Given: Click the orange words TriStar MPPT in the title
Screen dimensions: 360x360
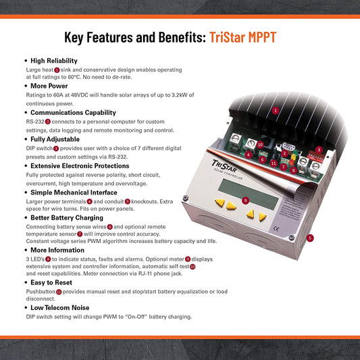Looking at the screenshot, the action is click(242, 37).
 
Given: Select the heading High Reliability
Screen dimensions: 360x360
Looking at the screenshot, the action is click(54, 61).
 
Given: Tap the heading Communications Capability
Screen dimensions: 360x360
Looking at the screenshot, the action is click(73, 113).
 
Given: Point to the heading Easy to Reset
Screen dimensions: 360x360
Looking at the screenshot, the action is click(51, 282).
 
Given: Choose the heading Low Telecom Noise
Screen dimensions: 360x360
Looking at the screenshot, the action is click(60, 307).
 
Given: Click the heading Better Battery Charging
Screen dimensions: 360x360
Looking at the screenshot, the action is click(67, 217).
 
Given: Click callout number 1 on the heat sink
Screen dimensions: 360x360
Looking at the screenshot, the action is click(276, 111).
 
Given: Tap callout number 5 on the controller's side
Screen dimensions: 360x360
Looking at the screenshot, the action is click(310, 238).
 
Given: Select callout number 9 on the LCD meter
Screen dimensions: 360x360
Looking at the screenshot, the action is click(245, 201).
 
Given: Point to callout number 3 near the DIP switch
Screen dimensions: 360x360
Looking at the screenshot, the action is click(319, 150).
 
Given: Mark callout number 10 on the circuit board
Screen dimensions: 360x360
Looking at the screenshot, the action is click(260, 145).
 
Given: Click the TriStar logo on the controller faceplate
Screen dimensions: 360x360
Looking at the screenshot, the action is click(224, 167).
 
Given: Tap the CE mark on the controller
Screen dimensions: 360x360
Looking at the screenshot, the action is click(276, 229).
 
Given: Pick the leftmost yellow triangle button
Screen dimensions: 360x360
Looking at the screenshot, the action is click(220, 203).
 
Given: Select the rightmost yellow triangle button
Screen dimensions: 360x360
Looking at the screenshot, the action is click(262, 217).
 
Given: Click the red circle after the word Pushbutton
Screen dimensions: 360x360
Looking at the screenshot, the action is click(59, 292).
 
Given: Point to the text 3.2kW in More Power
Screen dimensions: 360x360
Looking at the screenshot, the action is click(180, 95).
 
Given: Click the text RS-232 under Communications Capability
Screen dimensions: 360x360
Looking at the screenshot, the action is click(35, 122).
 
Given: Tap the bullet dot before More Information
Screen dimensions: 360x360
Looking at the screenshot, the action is click(26, 250).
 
